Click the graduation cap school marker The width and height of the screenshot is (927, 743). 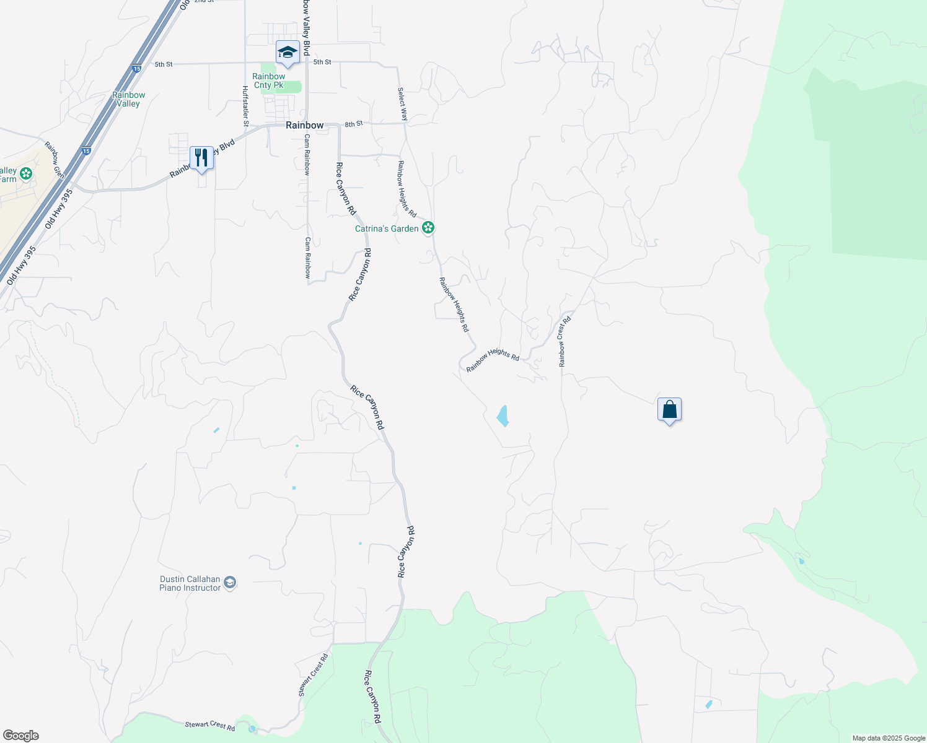pos(288,52)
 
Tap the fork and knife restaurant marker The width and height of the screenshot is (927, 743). pos(201,158)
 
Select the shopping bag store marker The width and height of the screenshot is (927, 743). pos(669,410)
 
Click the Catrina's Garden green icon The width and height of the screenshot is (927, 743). pos(428,228)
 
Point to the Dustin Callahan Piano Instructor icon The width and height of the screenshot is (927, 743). pos(230,583)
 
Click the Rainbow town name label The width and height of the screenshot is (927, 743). pos(304,125)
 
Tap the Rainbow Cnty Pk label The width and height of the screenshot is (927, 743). pos(268,81)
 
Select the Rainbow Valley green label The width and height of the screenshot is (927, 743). pos(128,99)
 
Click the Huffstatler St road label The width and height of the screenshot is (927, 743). pos(245,106)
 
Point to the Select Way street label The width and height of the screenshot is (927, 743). pos(403,103)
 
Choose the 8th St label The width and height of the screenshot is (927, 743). pos(354,124)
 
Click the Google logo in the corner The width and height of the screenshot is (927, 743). pos(20,736)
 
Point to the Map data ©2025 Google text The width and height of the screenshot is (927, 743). pos(888,738)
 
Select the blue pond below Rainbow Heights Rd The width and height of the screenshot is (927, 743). pos(503,416)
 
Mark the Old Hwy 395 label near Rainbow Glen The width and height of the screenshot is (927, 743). pos(59,209)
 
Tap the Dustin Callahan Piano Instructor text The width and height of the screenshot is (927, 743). pos(190,583)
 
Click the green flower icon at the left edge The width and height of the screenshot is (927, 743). pos(25,174)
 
